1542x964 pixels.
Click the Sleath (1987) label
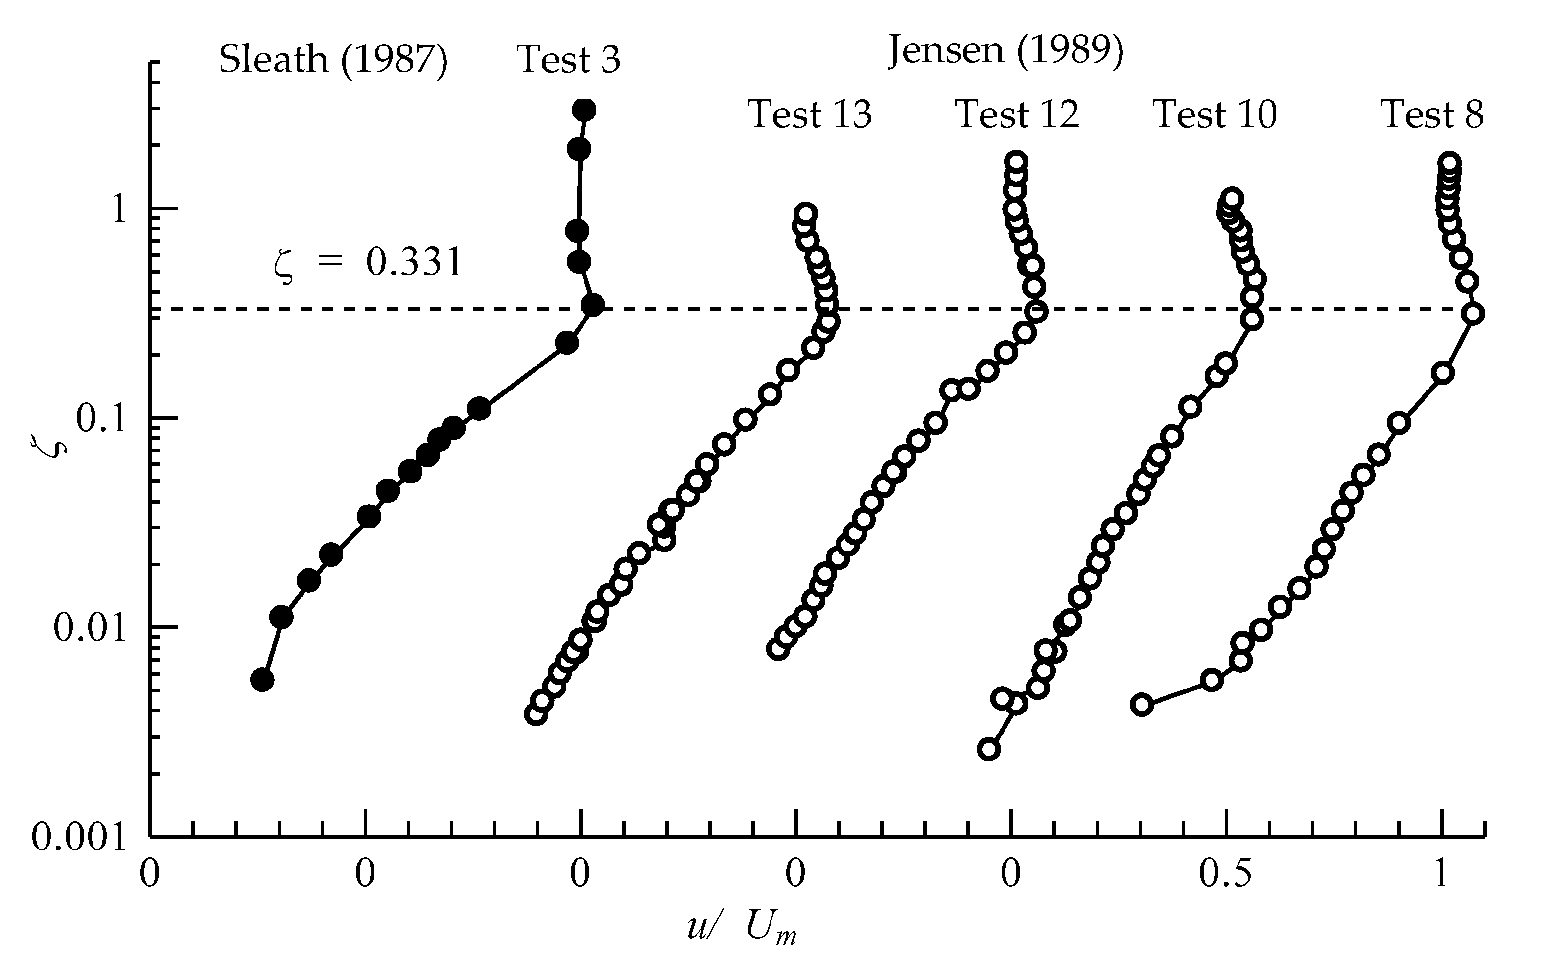pyautogui.click(x=333, y=60)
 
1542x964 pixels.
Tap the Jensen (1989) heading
pyautogui.click(x=1005, y=50)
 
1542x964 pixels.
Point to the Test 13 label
pyautogui.click(x=809, y=115)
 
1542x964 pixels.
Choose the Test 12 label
pyautogui.click(x=1017, y=115)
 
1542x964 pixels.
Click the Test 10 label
pyautogui.click(x=1215, y=115)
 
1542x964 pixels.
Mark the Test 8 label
pyautogui.click(x=1432, y=115)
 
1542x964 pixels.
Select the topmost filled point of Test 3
pyautogui.click(x=584, y=110)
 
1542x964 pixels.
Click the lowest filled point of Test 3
pyautogui.click(x=262, y=680)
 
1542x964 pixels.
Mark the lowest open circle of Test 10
pyautogui.click(x=988, y=749)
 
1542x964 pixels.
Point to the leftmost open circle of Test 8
pyautogui.click(x=1142, y=705)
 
